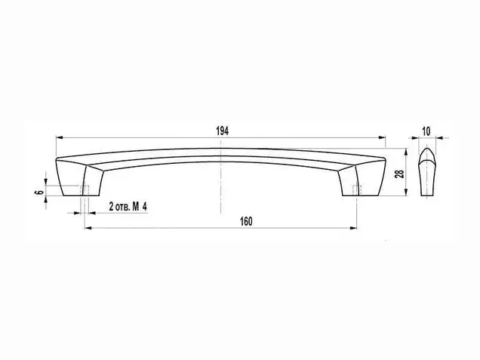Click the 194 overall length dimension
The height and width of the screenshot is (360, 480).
223,131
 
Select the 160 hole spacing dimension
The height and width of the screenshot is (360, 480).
246,221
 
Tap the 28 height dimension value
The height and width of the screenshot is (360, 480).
400,174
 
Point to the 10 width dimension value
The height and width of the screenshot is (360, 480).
426,131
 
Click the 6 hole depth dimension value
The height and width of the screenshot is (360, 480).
39,192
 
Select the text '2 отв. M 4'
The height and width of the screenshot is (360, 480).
128,207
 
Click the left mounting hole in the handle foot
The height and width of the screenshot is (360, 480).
85,189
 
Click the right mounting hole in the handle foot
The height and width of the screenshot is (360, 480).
357,189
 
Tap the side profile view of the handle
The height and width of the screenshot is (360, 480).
427,172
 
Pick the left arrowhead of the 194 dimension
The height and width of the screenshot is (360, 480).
59,138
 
